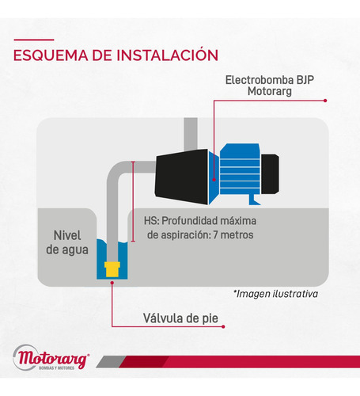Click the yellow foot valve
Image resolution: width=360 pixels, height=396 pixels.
pos(112,269)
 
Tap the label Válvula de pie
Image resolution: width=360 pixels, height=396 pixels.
pos(180,318)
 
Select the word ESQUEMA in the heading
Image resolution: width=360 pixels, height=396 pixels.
pos(51,55)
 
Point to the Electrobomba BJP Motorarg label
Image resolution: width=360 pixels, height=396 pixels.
pos(270,86)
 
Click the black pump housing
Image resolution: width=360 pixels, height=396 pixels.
pos(181,177)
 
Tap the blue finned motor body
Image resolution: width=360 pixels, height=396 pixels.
pos(240,172)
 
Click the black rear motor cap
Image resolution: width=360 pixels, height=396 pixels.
pos(270,174)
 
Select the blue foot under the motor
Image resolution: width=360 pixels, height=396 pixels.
pos(254,200)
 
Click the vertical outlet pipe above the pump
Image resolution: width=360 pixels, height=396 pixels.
pos(191,135)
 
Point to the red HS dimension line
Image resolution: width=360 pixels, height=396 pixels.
pos(133,201)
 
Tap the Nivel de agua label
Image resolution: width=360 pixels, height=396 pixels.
pos(67,242)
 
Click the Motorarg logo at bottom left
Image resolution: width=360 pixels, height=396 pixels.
pos(51,358)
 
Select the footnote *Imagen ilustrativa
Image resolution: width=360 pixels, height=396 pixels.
pos(275,294)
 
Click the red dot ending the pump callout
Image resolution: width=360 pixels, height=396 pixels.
pos(325,101)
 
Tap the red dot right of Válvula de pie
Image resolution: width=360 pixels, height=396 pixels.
pos(223,326)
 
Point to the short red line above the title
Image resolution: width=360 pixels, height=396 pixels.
pos(34,40)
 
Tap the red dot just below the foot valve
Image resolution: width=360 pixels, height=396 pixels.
pos(112,283)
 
